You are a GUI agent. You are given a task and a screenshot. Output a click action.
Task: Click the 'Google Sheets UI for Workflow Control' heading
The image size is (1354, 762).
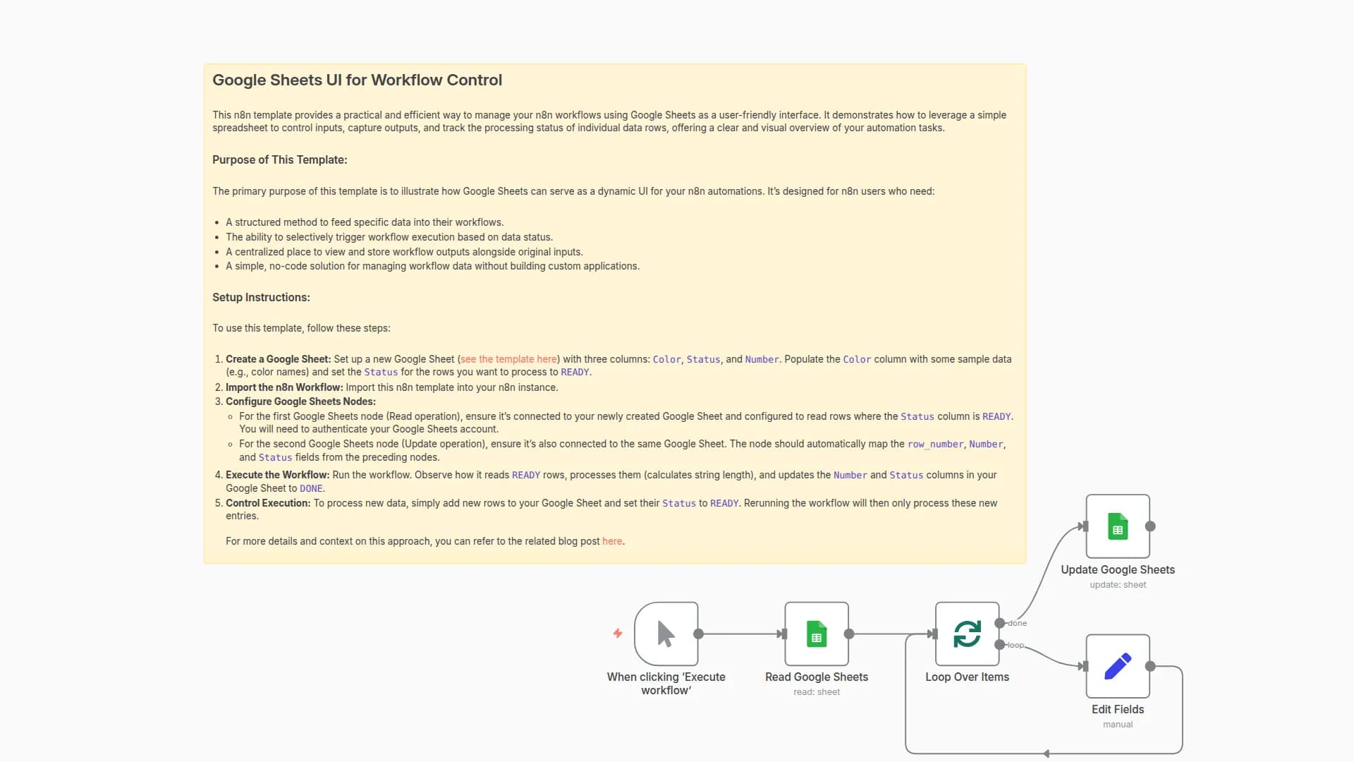pyautogui.click(x=357, y=80)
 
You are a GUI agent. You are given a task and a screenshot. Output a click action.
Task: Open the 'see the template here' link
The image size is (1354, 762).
pyautogui.click(x=508, y=359)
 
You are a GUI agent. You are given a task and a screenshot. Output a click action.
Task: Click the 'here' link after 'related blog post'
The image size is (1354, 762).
pyautogui.click(x=611, y=541)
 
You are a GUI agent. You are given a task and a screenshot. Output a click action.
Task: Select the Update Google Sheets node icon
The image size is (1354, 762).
pyautogui.click(x=1118, y=526)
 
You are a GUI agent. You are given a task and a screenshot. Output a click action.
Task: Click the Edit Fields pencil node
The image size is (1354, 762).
pyautogui.click(x=1118, y=666)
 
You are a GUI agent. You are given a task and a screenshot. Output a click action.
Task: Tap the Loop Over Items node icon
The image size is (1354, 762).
pyautogui.click(x=967, y=634)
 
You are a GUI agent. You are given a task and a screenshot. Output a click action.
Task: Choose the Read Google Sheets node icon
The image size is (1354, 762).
pyautogui.click(x=817, y=634)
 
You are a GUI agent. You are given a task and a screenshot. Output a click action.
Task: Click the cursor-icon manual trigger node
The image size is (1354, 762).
pyautogui.click(x=666, y=634)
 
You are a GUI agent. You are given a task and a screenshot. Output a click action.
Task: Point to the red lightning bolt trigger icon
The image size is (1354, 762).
pyautogui.click(x=618, y=633)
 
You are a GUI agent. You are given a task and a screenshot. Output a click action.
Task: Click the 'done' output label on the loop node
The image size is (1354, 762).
pyautogui.click(x=1018, y=623)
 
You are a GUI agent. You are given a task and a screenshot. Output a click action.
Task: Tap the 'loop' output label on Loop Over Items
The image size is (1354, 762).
pyautogui.click(x=1015, y=645)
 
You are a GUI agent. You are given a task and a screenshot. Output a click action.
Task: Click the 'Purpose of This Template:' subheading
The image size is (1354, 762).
pyautogui.click(x=279, y=160)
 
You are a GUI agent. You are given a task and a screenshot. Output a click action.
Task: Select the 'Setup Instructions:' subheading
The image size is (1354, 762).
pyautogui.click(x=261, y=298)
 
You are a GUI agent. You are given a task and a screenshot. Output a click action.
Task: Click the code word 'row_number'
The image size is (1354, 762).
pyautogui.click(x=935, y=445)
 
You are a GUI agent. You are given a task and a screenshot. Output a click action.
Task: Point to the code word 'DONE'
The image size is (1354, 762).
pyautogui.click(x=311, y=488)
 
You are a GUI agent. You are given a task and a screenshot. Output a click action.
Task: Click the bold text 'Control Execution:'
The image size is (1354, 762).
pyautogui.click(x=268, y=503)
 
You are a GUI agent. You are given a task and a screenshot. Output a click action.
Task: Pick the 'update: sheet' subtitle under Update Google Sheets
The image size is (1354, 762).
pyautogui.click(x=1118, y=585)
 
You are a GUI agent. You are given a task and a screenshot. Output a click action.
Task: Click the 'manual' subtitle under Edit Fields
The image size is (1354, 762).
pyautogui.click(x=1118, y=725)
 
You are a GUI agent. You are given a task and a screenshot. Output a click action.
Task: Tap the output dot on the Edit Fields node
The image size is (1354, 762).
pyautogui.click(x=1150, y=666)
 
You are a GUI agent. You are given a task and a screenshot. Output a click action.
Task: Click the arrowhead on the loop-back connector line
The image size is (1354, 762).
pyautogui.click(x=1047, y=754)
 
